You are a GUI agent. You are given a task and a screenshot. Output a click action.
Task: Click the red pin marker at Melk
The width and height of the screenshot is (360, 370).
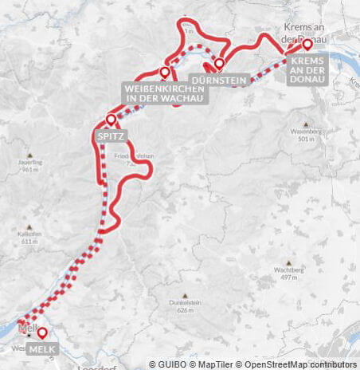[x=42, y=333]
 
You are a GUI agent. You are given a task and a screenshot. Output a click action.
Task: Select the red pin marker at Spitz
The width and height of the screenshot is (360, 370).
[x=111, y=120]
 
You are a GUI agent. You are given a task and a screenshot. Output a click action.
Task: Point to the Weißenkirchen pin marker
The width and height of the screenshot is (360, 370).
[x=164, y=72]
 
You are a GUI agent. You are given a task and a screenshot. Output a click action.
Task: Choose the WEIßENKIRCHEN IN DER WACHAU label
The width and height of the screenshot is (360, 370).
[x=164, y=92]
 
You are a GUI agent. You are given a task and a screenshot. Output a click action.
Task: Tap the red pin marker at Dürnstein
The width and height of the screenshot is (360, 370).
[x=219, y=63]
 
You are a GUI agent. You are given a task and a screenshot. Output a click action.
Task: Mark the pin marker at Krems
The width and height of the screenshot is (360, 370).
[x=307, y=44]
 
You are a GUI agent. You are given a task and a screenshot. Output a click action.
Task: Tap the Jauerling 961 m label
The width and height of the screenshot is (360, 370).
[x=30, y=165]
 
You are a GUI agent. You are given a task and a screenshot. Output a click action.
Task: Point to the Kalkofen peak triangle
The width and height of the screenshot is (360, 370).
[x=29, y=225]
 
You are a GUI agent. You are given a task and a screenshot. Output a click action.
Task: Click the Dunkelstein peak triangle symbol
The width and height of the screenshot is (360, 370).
[x=186, y=294]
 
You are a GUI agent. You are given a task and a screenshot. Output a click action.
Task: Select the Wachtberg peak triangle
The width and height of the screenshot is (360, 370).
[x=290, y=262]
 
